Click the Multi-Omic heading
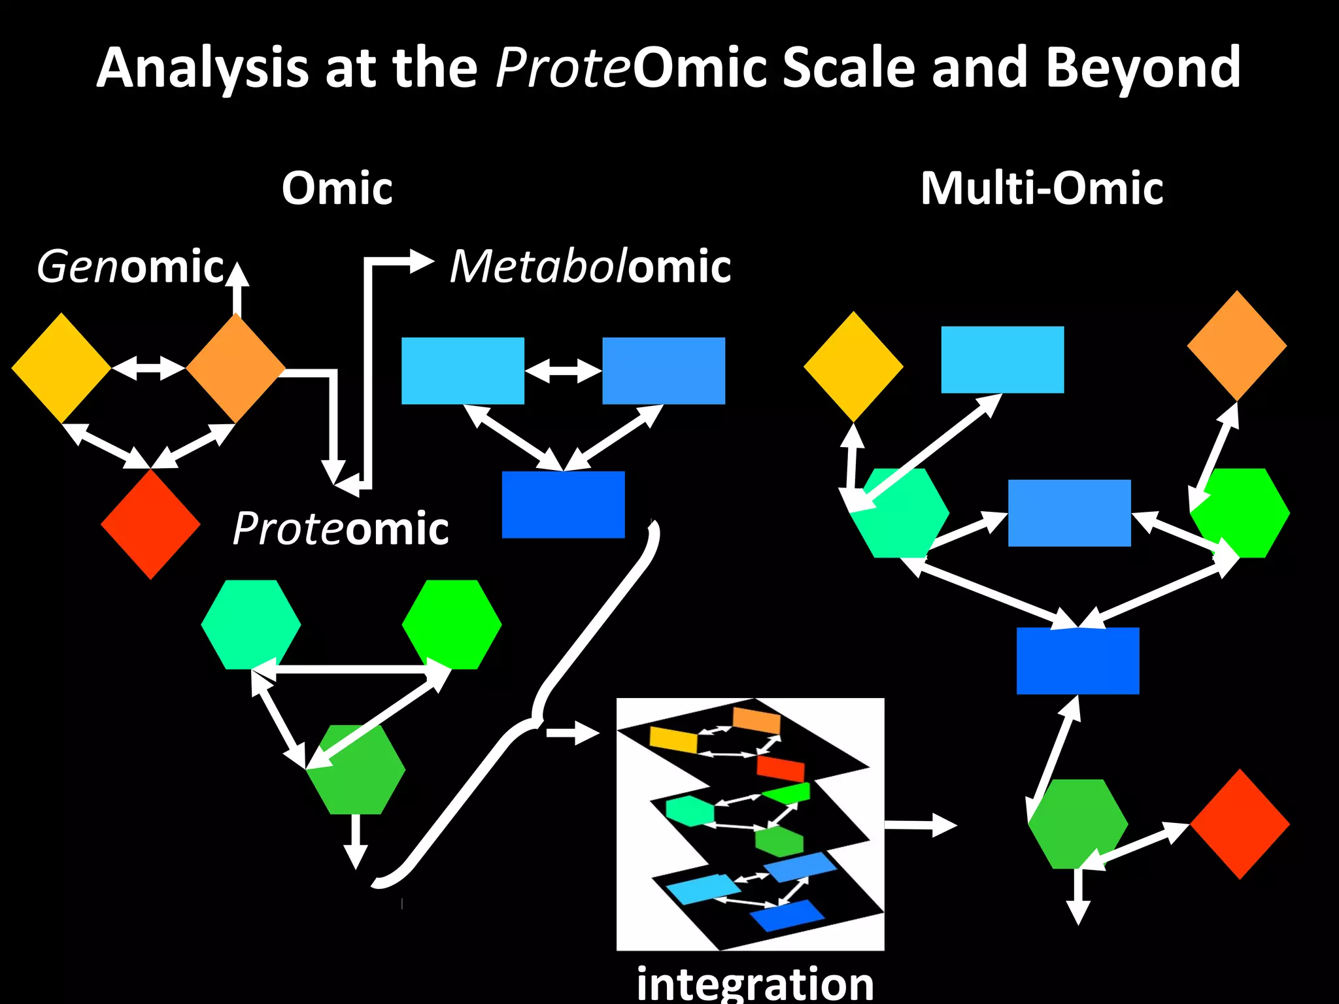pyautogui.click(x=1042, y=188)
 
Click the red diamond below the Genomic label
pyautogui.click(x=150, y=525)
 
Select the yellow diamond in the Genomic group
pyautogui.click(x=61, y=368)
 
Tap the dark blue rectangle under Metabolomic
pyautogui.click(x=563, y=505)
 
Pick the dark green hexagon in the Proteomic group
pyautogui.click(x=356, y=769)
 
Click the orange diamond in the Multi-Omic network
pyautogui.click(x=1236, y=346)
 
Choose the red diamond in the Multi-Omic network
pyautogui.click(x=1240, y=824)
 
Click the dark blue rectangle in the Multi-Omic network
pyautogui.click(x=1077, y=660)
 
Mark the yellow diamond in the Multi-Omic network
pyautogui.click(x=853, y=367)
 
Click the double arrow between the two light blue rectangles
pyautogui.click(x=563, y=371)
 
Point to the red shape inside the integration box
pyautogui.click(x=780, y=768)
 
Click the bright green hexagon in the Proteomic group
pyautogui.click(x=452, y=624)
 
